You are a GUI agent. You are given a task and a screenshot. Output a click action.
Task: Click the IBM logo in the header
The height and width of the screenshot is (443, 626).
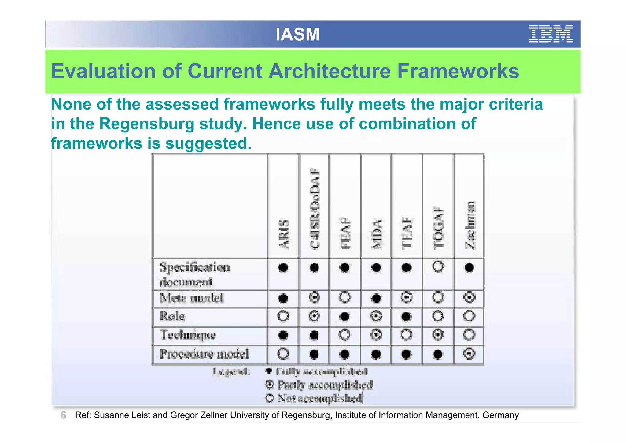pos(551,34)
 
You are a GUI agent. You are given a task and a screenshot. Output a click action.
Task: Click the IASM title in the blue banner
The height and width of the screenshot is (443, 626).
pos(297,34)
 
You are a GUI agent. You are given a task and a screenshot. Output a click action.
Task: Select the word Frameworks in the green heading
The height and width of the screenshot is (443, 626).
pos(458,71)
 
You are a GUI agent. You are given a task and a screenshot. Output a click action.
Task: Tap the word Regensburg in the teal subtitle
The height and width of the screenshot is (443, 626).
pos(147,124)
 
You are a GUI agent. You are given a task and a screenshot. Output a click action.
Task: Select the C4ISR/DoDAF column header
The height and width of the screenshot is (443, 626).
pos(315,208)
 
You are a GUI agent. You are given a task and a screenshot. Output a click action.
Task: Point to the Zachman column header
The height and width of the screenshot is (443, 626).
pos(470,225)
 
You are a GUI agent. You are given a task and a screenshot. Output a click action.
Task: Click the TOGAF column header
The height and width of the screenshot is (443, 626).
pos(438,228)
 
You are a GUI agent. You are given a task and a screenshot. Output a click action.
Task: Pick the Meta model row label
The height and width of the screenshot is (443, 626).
pos(192,298)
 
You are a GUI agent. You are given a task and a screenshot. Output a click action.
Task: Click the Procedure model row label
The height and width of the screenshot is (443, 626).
pos(204,354)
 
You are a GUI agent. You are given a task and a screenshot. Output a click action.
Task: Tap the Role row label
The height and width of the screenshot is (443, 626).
pos(172,316)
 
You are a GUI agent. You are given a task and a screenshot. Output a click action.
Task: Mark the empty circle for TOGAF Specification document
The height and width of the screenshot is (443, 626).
pos(438,266)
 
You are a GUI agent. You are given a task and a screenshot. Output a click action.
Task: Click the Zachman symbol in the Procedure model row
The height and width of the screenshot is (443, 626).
pos(469,354)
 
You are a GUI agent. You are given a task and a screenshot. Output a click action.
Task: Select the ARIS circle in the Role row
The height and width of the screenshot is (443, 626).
pos(283,316)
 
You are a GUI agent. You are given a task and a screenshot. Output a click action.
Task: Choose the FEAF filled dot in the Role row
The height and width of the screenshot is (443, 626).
pos(344,316)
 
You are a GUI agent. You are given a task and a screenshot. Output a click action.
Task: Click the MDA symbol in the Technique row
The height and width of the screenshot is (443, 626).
pos(376,335)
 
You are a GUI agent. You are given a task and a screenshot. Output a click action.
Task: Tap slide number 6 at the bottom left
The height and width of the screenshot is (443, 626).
pos(63,415)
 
